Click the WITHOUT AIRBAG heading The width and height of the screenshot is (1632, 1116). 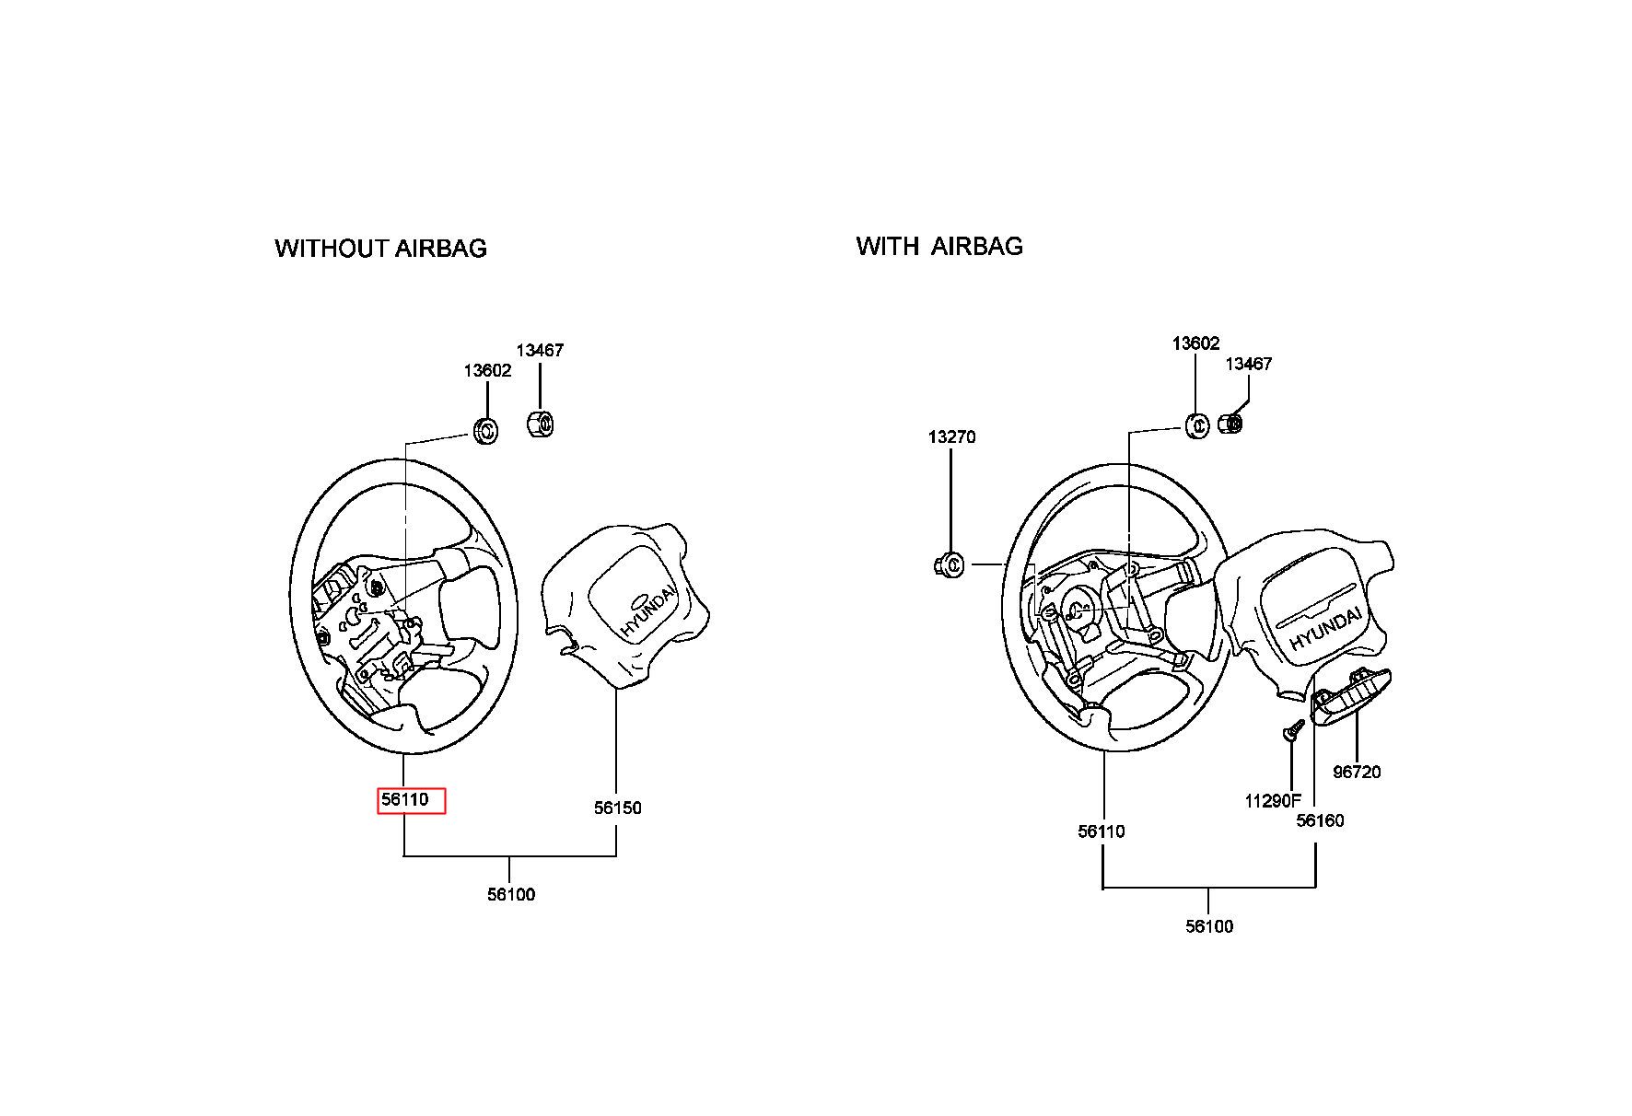pos(380,249)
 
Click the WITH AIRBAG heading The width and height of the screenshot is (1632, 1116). pos(939,246)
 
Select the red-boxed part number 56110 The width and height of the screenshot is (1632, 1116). pos(406,800)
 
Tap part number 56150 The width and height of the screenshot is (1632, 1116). pos(617,808)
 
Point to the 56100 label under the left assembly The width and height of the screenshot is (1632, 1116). pos(511,895)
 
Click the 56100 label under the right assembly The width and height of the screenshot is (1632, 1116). pos(1209,927)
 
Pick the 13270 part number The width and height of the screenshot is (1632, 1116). pos(951,437)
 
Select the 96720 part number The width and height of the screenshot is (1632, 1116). pos(1358,773)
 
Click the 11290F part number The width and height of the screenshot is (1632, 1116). pos(1273,802)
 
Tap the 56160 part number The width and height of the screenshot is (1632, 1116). pos(1320,821)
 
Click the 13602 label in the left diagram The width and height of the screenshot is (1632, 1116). pos(487,371)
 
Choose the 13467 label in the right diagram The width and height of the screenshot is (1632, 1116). pos(1248,365)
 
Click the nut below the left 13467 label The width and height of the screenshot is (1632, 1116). pos(540,424)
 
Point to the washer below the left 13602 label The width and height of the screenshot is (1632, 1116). pos(484,430)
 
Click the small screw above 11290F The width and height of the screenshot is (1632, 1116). pos(1292,731)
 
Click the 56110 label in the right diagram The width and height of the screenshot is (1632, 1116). pos(1102,832)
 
